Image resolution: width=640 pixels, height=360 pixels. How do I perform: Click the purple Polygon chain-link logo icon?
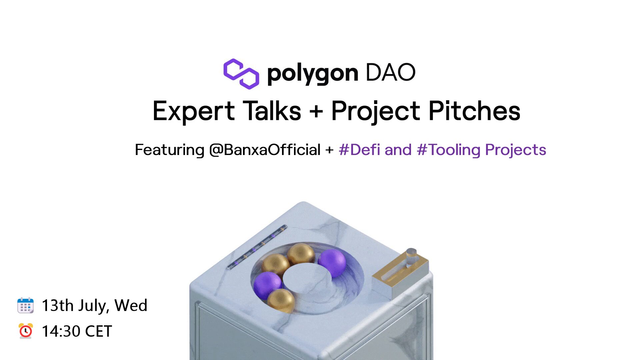[x=241, y=74]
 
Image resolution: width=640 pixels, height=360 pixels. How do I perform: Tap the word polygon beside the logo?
[x=313, y=73]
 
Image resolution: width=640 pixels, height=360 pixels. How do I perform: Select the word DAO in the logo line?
[x=390, y=72]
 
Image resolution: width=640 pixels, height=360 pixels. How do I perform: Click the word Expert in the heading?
[x=194, y=111]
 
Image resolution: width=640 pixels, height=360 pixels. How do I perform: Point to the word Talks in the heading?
[x=272, y=111]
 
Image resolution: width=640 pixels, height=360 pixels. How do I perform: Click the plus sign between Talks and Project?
[x=316, y=112]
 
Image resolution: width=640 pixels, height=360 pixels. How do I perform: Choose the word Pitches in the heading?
[x=474, y=111]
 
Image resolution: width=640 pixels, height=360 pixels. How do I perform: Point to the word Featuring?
[x=169, y=150]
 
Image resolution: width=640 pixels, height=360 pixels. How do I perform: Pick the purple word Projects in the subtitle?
[x=516, y=150]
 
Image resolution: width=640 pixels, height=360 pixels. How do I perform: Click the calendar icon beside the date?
[x=25, y=305]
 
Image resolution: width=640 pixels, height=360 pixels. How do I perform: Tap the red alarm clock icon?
[x=25, y=331]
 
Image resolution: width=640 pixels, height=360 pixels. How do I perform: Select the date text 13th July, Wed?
[x=94, y=305]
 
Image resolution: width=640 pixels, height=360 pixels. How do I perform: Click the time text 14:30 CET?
[x=77, y=331]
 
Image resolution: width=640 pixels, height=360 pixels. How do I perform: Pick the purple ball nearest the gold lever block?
[x=332, y=262]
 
